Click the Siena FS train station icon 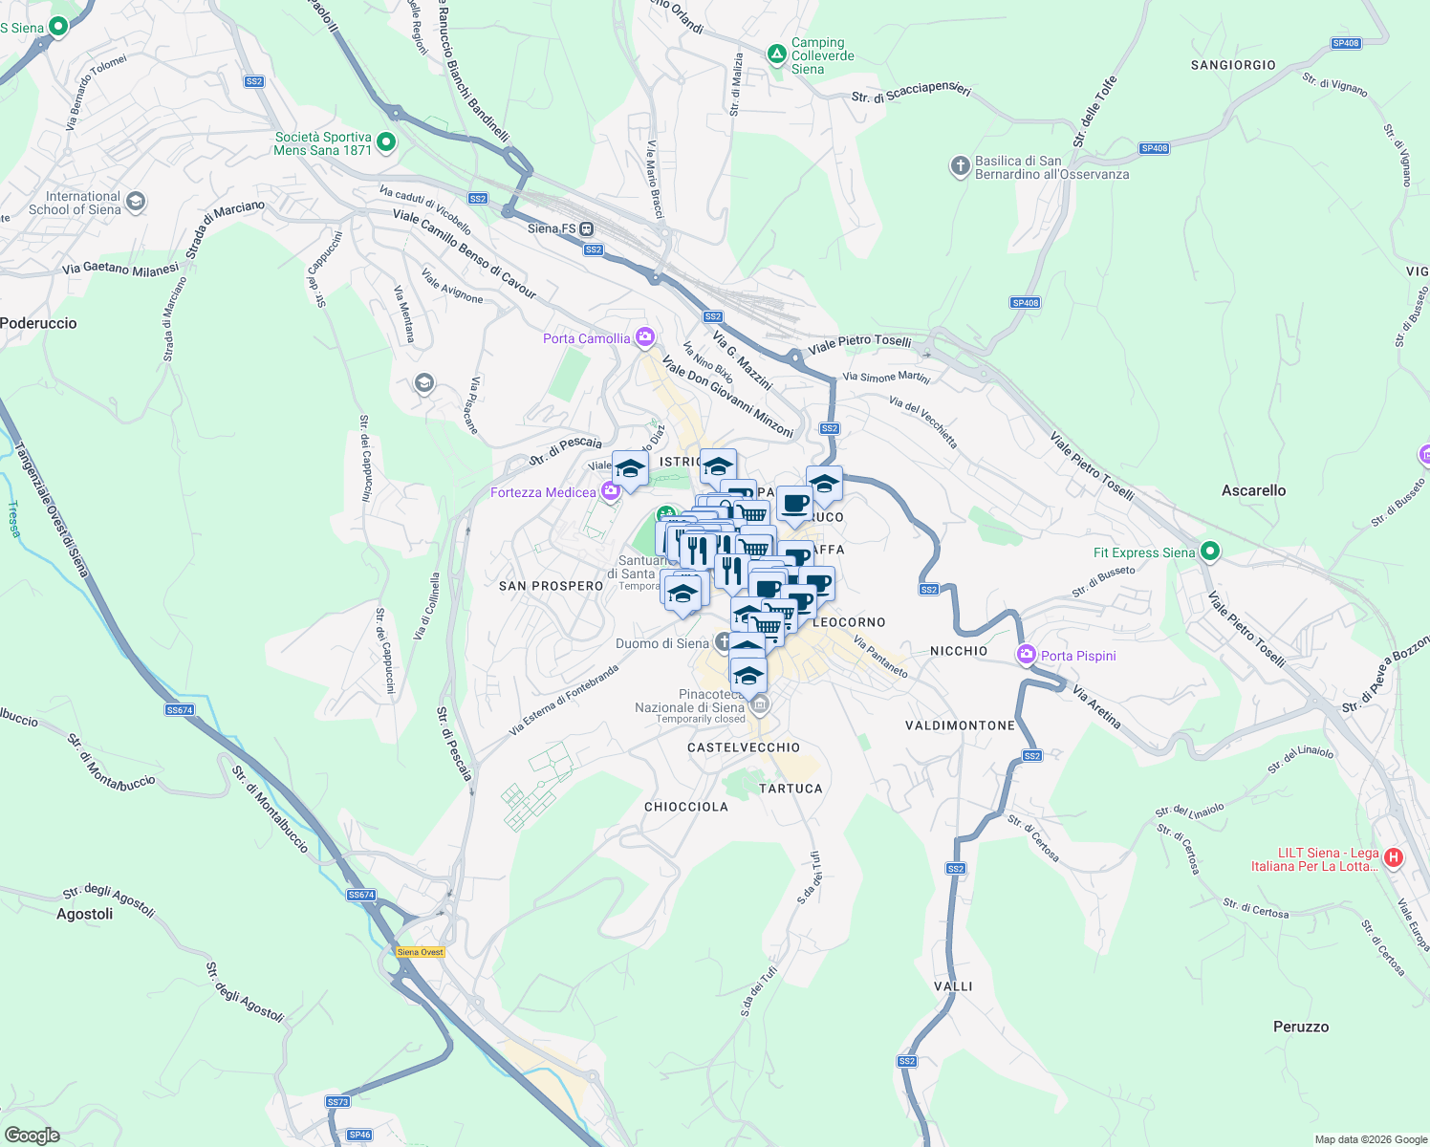pyautogui.click(x=587, y=229)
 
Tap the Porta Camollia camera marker pyautogui.click(x=645, y=337)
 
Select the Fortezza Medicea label pyautogui.click(x=543, y=492)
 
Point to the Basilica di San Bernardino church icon pyautogui.click(x=960, y=167)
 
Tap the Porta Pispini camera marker pyautogui.click(x=1027, y=655)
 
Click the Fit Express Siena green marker pyautogui.click(x=1210, y=552)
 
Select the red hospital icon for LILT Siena pyautogui.click(x=1394, y=857)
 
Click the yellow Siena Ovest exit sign pyautogui.click(x=421, y=952)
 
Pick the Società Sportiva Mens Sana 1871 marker pyautogui.click(x=386, y=143)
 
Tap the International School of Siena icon pyautogui.click(x=136, y=201)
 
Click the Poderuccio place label pyautogui.click(x=38, y=323)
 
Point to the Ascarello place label pyautogui.click(x=1253, y=490)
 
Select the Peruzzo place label pyautogui.click(x=1300, y=1027)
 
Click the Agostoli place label pyautogui.click(x=84, y=914)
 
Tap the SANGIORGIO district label pyautogui.click(x=1232, y=65)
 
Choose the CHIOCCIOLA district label pyautogui.click(x=685, y=807)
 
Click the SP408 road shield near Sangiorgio pyautogui.click(x=1345, y=43)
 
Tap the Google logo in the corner pyautogui.click(x=32, y=1136)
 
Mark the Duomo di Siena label pyautogui.click(x=661, y=643)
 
